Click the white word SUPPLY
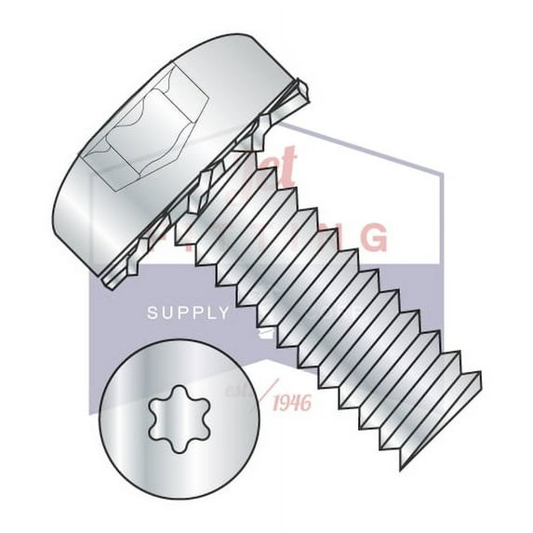[x=188, y=313]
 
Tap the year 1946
[x=291, y=402]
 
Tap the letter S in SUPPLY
[x=153, y=313]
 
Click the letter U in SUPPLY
[x=167, y=313]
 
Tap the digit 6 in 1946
[x=306, y=402]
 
